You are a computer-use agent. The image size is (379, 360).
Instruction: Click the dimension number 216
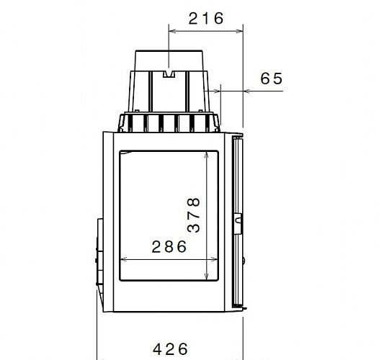point(206,19)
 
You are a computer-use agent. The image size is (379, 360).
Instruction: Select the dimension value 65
point(272,79)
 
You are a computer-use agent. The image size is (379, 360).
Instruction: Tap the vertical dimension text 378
point(193,215)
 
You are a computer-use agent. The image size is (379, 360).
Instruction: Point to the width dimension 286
point(169,247)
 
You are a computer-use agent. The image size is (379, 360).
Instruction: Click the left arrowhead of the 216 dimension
point(171,30)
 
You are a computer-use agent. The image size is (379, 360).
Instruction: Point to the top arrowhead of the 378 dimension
point(208,154)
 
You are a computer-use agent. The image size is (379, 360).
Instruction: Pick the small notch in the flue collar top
point(171,73)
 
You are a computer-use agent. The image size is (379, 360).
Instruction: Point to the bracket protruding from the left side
point(96,252)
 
